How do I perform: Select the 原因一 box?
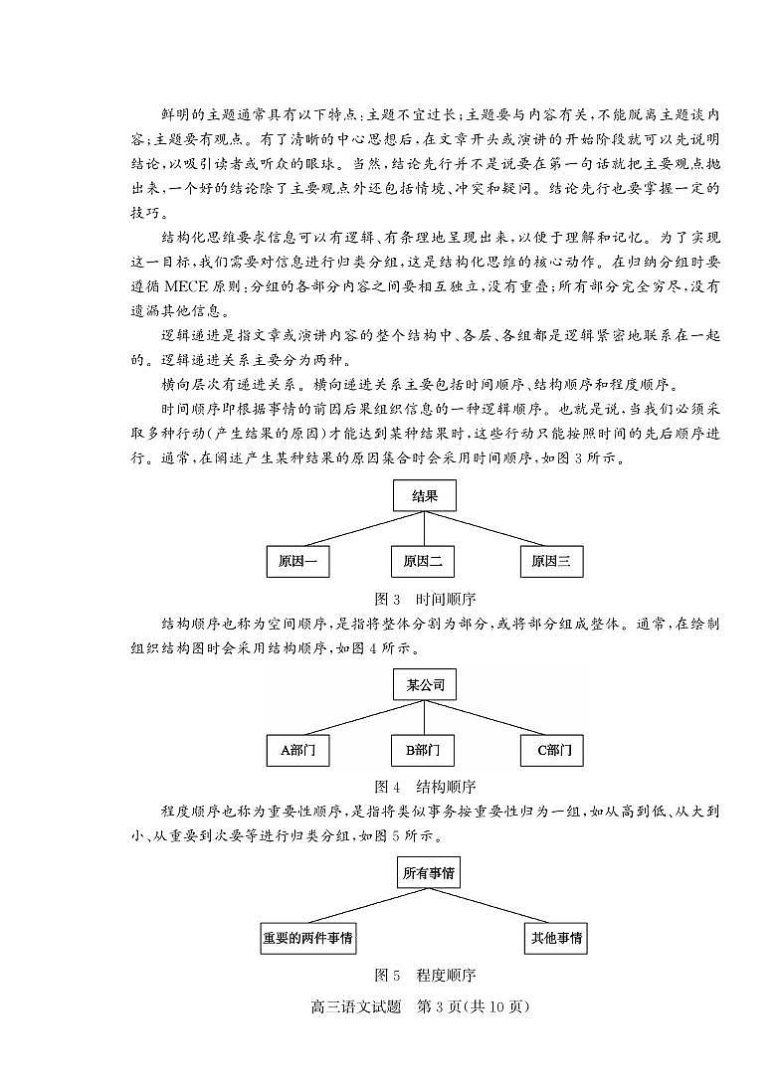click(x=297, y=561)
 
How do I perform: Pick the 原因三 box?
click(x=551, y=561)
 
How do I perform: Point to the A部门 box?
click(x=297, y=750)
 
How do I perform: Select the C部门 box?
click(x=553, y=750)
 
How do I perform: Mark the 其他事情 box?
click(x=556, y=938)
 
